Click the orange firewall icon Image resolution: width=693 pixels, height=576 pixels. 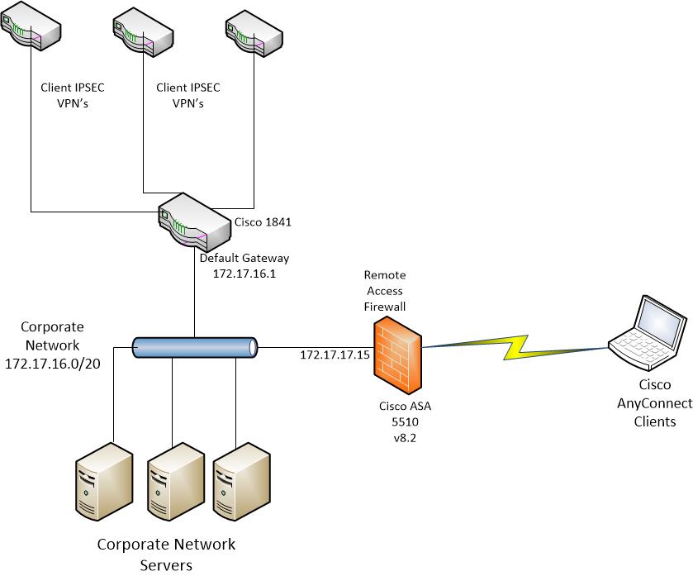(x=397, y=357)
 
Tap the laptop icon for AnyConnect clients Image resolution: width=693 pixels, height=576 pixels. (x=647, y=332)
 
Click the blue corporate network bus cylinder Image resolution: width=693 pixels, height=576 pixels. (x=195, y=347)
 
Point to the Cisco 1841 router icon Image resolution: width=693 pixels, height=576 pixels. (x=194, y=224)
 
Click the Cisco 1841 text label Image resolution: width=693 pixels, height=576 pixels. (x=263, y=222)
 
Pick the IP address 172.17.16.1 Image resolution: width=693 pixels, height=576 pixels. (x=244, y=274)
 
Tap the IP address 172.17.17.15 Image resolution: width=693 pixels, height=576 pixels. (x=335, y=355)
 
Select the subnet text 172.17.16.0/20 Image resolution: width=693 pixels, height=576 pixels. (x=53, y=364)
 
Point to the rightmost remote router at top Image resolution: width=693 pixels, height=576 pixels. (x=254, y=33)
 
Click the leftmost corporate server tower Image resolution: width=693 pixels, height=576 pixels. (x=104, y=482)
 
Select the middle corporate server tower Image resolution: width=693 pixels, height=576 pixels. (x=176, y=483)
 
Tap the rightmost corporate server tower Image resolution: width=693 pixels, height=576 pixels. (x=242, y=483)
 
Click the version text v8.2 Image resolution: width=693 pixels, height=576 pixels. (x=405, y=438)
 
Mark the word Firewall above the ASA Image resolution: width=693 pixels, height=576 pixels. (x=385, y=307)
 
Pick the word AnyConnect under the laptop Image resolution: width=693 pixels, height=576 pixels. (x=654, y=403)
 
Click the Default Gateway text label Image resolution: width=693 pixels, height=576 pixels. (x=244, y=258)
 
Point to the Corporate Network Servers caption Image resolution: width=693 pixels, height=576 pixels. (x=166, y=555)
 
